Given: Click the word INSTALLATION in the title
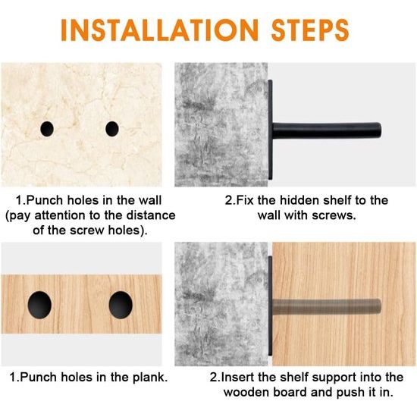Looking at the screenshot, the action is coord(159,30).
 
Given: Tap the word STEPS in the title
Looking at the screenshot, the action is coord(310,30).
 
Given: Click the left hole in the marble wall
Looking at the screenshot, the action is coord(47,129).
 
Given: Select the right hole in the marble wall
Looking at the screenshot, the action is coord(112,129).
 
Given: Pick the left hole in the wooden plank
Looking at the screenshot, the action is coord(39,305).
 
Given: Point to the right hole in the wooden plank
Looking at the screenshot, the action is coord(121,305).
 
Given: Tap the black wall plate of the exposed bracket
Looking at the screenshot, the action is coord(270,130).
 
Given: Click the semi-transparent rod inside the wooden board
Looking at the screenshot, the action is coord(327,306).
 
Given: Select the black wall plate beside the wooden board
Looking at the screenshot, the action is coord(270,306).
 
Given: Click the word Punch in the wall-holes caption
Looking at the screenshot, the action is coord(45,200).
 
